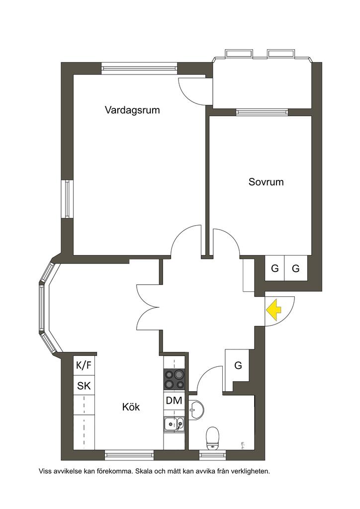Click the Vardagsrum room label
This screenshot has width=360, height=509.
tap(132, 110)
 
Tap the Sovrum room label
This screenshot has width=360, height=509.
tap(266, 182)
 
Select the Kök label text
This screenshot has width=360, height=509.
tap(131, 407)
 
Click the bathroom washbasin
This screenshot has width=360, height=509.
tap(196, 409)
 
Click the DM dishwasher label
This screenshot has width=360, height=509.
tap(174, 401)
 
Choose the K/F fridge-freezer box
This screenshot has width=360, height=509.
tap(84, 366)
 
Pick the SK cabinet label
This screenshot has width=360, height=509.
tap(84, 385)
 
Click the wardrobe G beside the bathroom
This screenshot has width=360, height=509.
tap(238, 366)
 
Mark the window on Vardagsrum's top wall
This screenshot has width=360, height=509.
tap(139, 68)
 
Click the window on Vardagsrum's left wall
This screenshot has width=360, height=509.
tap(67, 198)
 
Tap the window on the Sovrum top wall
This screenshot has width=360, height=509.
tap(262, 112)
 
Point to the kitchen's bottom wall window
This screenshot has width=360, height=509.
tap(129, 453)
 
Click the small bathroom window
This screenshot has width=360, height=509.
tap(213, 454)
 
